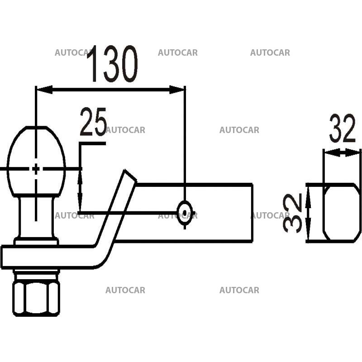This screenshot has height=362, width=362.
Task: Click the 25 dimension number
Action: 93,122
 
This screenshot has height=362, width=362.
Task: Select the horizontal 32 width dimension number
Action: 343,129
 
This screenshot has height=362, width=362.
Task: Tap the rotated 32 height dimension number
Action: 293,213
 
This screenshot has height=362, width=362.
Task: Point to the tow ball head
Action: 36,161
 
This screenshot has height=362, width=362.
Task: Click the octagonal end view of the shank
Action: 342,213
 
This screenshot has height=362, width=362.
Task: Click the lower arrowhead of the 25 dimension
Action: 80,206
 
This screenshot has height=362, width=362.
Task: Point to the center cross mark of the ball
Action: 36,169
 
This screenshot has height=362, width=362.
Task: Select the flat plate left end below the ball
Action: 7,257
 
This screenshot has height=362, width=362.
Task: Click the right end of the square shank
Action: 251,213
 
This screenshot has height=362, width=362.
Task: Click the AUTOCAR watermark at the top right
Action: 270,52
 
